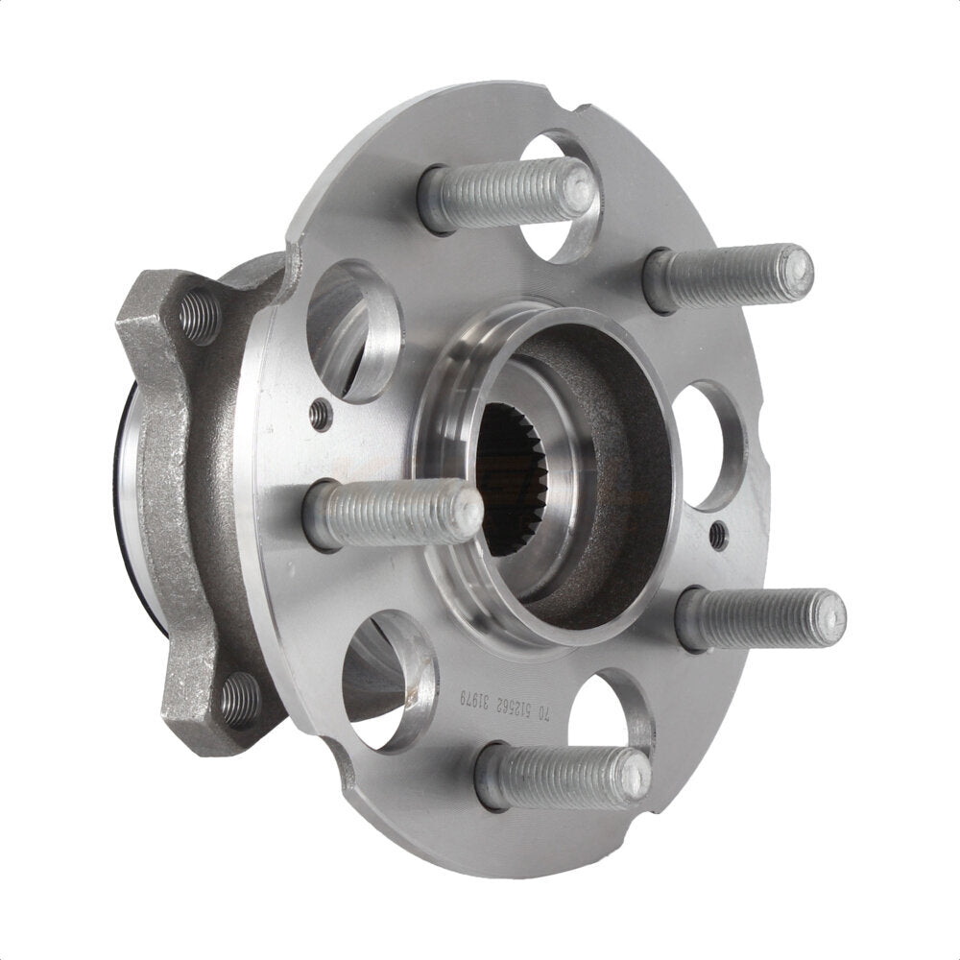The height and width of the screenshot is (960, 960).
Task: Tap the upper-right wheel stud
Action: tap(730, 278)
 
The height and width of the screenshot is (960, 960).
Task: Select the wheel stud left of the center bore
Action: tap(394, 515)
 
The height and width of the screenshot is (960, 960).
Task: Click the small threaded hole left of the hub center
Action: tap(323, 415)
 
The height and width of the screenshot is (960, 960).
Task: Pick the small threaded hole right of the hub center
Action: tap(717, 536)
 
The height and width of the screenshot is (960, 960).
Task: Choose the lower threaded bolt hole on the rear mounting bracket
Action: tap(239, 700)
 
